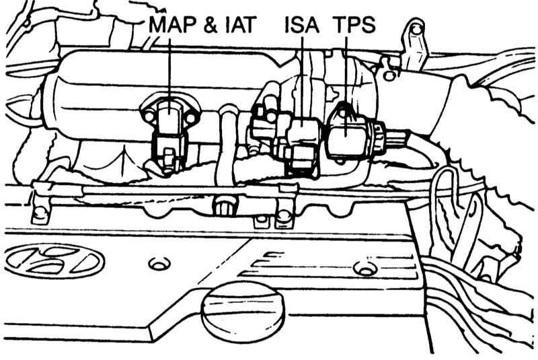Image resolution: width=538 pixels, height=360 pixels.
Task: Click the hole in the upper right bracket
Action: [x=415, y=29]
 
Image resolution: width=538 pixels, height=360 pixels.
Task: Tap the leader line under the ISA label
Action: [x=304, y=74]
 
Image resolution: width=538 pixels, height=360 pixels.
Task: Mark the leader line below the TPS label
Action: [x=346, y=74]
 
